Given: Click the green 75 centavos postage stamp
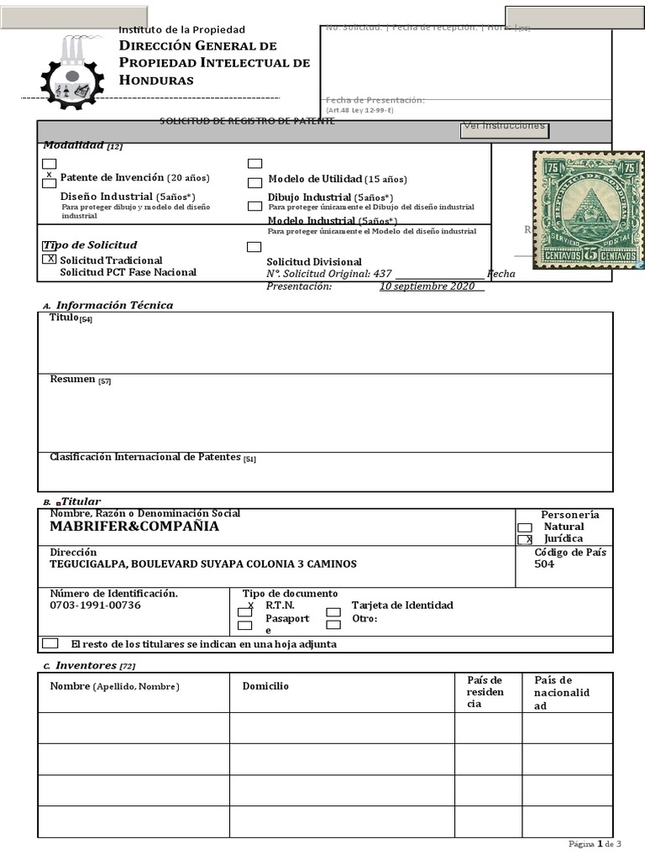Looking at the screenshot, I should point(588,211).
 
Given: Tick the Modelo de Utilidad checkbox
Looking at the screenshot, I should point(254,182).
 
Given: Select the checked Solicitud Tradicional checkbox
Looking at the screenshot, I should point(50,260).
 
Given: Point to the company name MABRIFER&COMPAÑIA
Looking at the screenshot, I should point(134,527).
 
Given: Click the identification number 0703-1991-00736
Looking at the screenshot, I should point(96,605).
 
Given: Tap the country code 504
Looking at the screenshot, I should point(544,564).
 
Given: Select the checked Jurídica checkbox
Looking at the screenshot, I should point(525,539).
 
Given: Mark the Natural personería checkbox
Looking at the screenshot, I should point(525,527).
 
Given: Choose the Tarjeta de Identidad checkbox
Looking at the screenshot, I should point(333,612).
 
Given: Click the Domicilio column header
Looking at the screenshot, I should point(265,686).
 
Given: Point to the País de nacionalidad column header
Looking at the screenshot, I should point(562,692).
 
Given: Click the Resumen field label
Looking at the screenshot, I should point(72,380).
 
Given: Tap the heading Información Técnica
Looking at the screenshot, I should point(114,305).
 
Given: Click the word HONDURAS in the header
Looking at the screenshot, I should point(156,80).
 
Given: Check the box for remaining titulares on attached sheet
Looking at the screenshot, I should point(50,643).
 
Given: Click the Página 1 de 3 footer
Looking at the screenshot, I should point(595,843).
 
